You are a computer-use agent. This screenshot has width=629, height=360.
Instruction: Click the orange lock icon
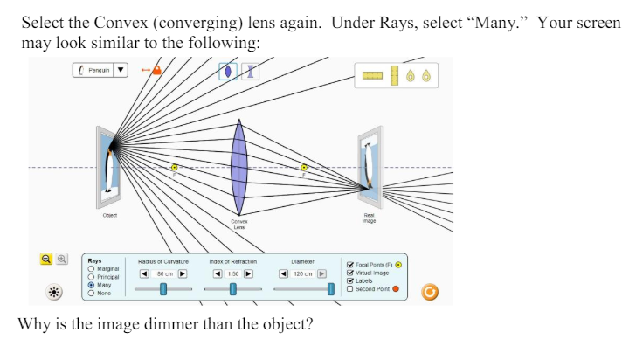point(156,70)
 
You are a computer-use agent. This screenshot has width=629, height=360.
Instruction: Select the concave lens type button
point(251,72)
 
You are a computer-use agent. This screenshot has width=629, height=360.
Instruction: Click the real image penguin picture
point(370,163)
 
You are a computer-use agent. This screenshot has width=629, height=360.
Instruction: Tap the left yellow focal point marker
point(174,167)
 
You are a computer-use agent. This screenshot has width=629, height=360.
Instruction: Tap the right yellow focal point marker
point(304,167)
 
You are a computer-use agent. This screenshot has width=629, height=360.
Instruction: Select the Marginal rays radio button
point(92,268)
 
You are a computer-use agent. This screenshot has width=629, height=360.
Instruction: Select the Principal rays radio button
point(92,276)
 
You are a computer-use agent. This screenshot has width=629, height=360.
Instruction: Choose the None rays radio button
point(92,293)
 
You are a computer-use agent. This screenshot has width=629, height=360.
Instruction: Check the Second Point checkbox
point(350,288)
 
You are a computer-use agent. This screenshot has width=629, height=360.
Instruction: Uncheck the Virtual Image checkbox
point(350,272)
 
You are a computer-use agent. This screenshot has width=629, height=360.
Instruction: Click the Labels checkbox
point(350,280)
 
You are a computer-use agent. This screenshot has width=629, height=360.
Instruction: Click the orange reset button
point(429,291)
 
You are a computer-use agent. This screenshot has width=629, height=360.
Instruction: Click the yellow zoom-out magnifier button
point(47,259)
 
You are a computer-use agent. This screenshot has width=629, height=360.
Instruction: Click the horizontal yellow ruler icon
point(372,76)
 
